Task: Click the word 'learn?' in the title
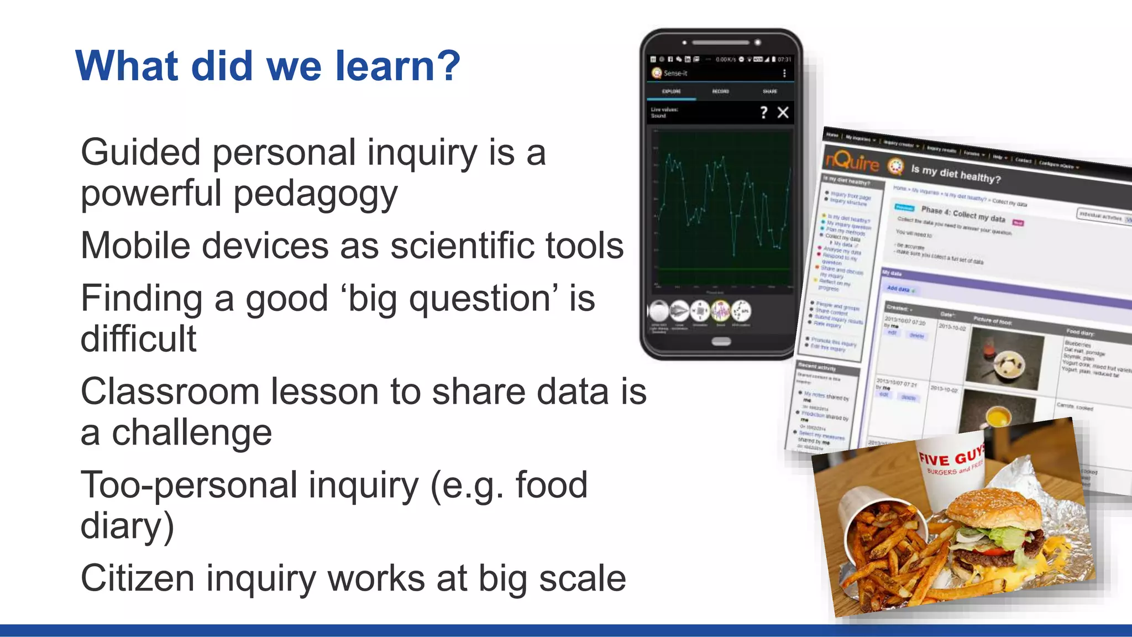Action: (x=398, y=66)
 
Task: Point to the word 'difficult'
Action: (x=138, y=338)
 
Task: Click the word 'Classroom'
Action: (x=170, y=391)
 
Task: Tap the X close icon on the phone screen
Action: (x=783, y=113)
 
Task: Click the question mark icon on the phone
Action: (x=763, y=113)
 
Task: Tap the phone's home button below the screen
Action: (x=721, y=342)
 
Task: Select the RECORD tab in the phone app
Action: (x=720, y=91)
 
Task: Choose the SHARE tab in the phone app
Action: (x=769, y=91)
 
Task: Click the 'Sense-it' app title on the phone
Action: (x=675, y=73)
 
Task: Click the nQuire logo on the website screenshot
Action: (x=852, y=161)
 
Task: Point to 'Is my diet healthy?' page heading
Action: (x=956, y=174)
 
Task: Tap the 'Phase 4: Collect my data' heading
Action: (x=962, y=214)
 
